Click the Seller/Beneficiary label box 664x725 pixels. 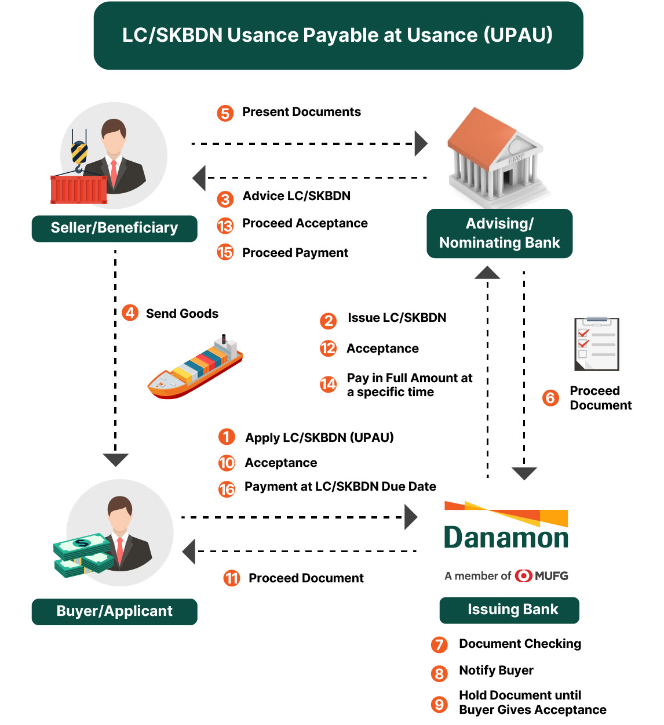click(x=114, y=228)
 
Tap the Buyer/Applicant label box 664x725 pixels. click(x=114, y=611)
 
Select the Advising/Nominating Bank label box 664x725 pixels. click(x=499, y=233)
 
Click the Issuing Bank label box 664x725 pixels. click(x=509, y=610)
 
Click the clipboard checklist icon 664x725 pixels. click(x=597, y=344)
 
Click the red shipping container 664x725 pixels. click(x=79, y=189)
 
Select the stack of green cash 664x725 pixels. click(x=82, y=554)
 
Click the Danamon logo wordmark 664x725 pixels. click(x=506, y=537)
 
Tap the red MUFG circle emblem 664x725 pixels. click(x=524, y=575)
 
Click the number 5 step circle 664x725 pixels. click(x=225, y=113)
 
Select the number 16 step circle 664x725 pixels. click(x=227, y=489)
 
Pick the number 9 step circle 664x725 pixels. click(x=439, y=704)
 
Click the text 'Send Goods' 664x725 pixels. click(x=182, y=314)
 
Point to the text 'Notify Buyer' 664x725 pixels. click(x=496, y=670)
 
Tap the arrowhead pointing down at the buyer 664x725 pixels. click(x=115, y=459)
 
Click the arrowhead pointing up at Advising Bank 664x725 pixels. click(x=487, y=273)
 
